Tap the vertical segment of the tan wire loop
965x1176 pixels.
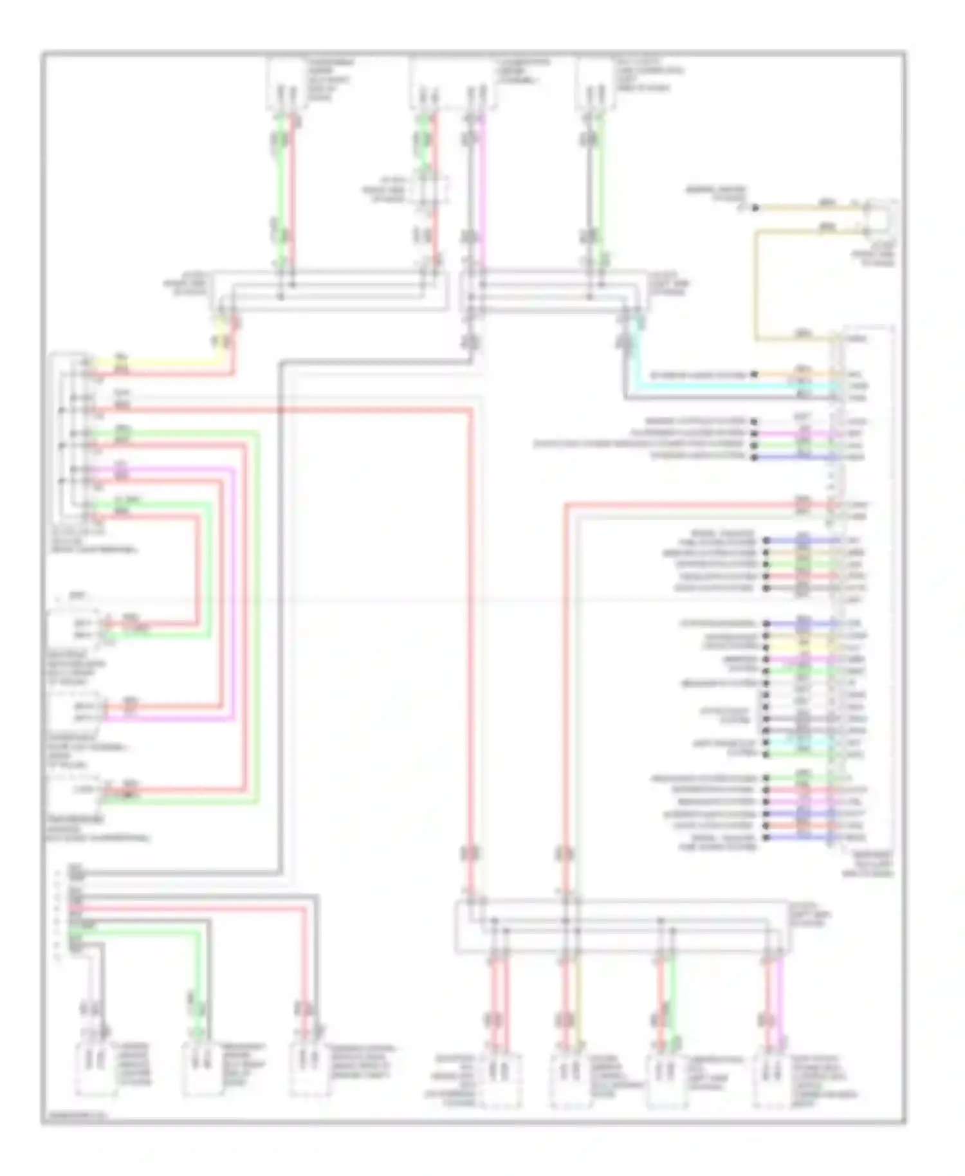tap(757, 283)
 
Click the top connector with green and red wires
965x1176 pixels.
tap(285, 84)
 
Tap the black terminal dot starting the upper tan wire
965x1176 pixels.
tap(757, 208)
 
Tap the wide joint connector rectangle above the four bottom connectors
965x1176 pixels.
tap(621, 926)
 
